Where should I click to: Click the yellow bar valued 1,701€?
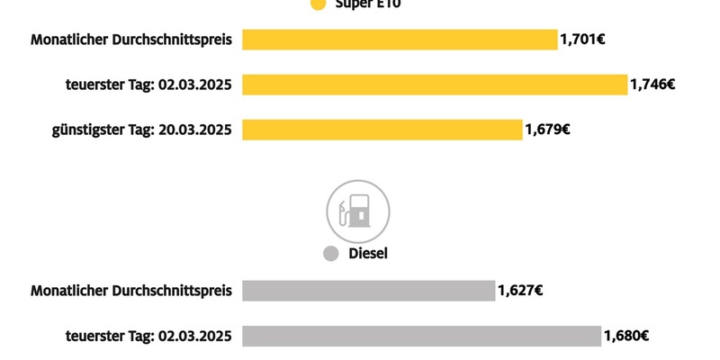400,40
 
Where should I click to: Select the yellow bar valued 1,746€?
434,85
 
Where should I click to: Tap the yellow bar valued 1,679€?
382,130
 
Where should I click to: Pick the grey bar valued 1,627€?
368,291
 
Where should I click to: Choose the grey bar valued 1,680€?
421,336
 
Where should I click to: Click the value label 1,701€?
582,40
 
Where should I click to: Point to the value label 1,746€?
652,85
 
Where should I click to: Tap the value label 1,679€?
547,130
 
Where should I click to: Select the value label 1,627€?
519,291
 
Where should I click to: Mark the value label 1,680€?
625,336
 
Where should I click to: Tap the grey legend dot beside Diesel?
330,255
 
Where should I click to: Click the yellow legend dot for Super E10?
317,4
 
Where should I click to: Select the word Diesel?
368,255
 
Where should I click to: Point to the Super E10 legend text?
368,4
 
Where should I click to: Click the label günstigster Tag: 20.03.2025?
141,130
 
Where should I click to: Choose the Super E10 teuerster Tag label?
148,85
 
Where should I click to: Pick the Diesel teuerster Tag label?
148,336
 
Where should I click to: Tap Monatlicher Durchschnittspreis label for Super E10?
131,40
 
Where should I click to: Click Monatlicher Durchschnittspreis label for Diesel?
131,291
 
